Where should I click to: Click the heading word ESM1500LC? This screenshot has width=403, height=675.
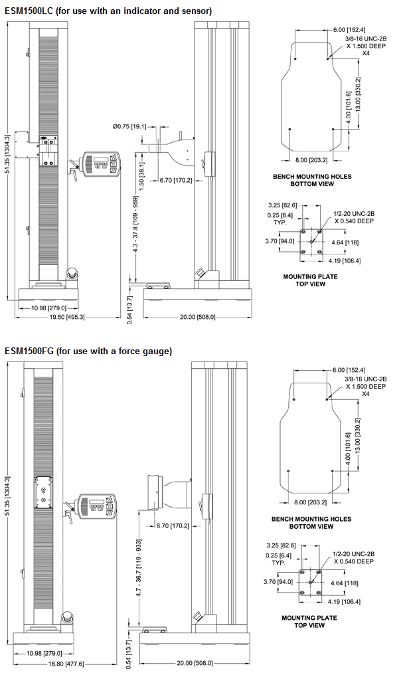click(27, 11)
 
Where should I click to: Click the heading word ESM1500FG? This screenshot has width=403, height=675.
click(27, 350)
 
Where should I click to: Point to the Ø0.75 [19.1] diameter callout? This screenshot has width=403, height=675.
click(129, 126)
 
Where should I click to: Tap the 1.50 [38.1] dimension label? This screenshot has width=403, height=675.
click(141, 165)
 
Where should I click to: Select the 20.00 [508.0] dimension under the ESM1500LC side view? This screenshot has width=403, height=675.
click(197, 317)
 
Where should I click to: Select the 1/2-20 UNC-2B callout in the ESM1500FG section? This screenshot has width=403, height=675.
click(358, 553)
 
